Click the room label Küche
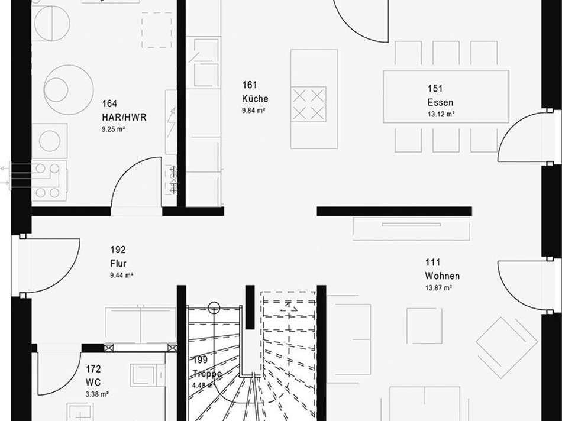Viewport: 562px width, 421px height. (255, 99)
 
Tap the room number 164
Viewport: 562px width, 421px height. (109, 103)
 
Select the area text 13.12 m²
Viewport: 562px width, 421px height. (441, 114)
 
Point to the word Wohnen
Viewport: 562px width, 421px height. (443, 276)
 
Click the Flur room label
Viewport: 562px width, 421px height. (118, 264)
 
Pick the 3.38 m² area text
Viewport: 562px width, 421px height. (97, 394)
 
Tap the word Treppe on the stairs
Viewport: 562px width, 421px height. (207, 374)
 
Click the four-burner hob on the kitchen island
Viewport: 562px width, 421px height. (309, 104)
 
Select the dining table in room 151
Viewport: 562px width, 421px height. (446, 96)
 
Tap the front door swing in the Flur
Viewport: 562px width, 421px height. (64, 276)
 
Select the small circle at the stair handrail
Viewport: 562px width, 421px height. (214, 307)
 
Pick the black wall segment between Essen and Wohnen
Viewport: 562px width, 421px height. (394, 211)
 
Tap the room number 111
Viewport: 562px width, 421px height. (432, 263)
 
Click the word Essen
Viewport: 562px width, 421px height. (441, 102)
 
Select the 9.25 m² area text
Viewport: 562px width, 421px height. (113, 129)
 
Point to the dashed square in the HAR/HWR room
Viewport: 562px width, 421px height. (157, 30)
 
